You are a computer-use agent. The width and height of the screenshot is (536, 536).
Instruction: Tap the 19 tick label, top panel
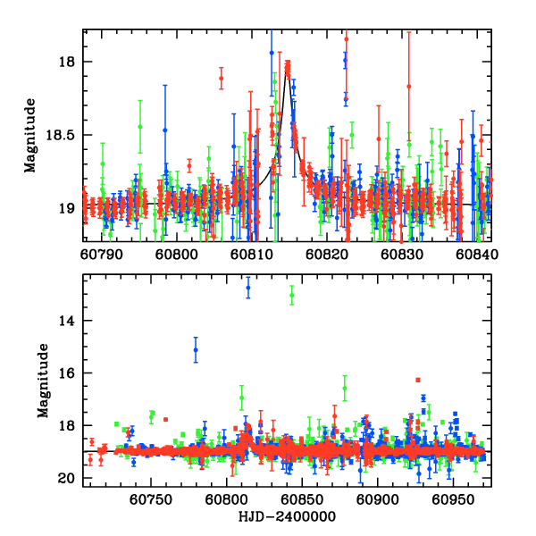[71, 209]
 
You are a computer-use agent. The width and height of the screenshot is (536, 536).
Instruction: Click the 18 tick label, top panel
[71, 62]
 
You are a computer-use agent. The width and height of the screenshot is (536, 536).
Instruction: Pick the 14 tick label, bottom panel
[71, 321]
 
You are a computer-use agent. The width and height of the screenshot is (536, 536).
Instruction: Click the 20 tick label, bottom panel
[71, 479]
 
